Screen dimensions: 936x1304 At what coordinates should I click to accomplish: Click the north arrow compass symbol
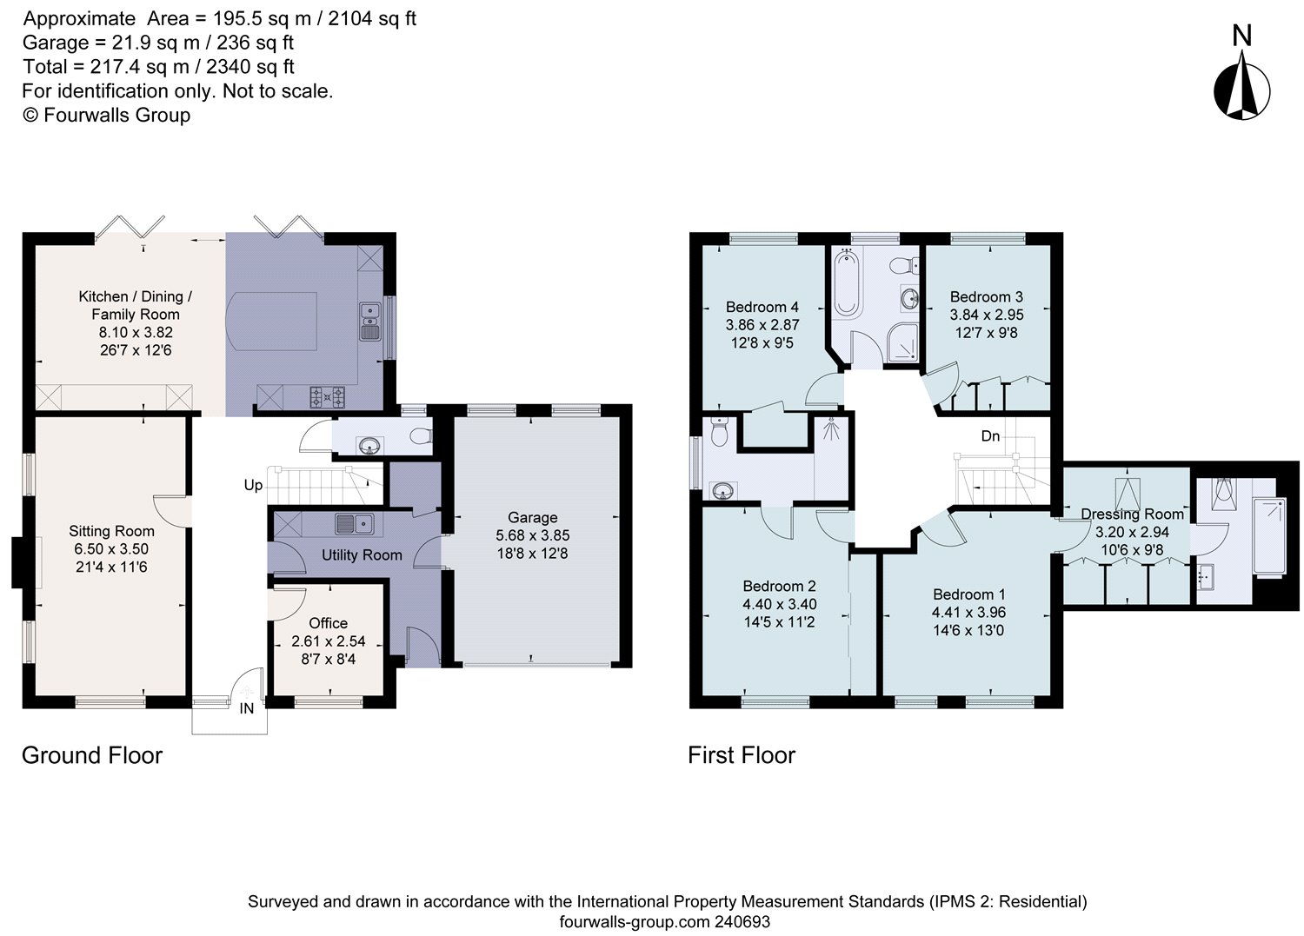(x=1241, y=83)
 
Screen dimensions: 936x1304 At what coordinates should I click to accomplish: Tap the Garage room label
(x=532, y=517)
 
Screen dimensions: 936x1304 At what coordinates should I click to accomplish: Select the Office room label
(x=328, y=623)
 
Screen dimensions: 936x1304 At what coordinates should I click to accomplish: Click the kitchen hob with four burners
(x=328, y=397)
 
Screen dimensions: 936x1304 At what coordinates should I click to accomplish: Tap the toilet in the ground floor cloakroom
(x=421, y=435)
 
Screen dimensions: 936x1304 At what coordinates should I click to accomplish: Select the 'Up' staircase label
(x=253, y=485)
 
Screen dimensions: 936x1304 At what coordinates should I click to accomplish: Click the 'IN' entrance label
(x=247, y=708)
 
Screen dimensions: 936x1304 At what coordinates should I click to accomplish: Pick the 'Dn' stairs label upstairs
(x=990, y=436)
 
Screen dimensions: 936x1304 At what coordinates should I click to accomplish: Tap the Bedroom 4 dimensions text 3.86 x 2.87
(x=762, y=324)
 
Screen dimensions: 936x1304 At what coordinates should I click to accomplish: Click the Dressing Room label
(x=1132, y=514)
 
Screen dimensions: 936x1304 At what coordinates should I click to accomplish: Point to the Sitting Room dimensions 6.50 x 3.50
(x=111, y=548)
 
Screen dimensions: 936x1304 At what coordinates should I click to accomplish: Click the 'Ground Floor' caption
(x=92, y=755)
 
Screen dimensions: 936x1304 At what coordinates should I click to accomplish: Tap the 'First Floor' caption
(x=742, y=755)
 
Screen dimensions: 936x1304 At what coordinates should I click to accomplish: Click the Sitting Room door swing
(x=170, y=510)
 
